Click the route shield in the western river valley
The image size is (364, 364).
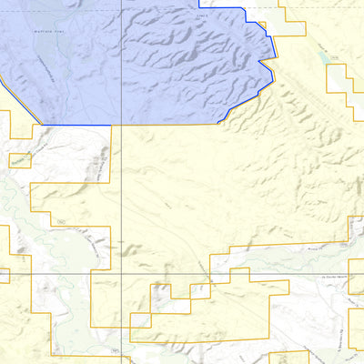[62, 221]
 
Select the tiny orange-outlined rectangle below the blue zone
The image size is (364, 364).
[20, 161]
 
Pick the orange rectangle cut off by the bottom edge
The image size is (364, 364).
[289, 358]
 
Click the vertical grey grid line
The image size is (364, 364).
[122, 182]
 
